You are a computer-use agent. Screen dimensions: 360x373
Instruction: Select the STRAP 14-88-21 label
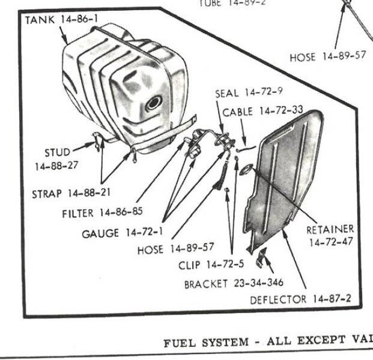pyautogui.click(x=71, y=193)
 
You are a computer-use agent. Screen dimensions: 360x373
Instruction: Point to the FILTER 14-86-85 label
pyautogui.click(x=100, y=213)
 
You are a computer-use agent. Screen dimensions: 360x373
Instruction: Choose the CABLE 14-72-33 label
pyautogui.click(x=262, y=111)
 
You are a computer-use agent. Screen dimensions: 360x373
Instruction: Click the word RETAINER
pyautogui.click(x=330, y=229)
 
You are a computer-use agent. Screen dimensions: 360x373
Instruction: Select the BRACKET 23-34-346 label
pyautogui.click(x=234, y=283)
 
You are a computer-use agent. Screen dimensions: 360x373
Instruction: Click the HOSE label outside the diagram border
pyautogui.click(x=328, y=58)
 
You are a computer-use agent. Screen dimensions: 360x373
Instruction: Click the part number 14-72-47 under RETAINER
pyautogui.click(x=331, y=242)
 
